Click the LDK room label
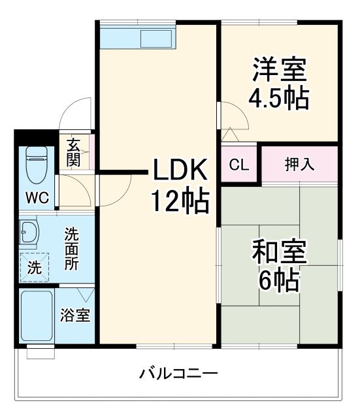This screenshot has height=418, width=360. coord(180,171)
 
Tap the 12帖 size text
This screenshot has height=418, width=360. coord(180,201)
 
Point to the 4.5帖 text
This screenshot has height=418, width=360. coord(278,97)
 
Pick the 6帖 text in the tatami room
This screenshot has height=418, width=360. coord(279,281)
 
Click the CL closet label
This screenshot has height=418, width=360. coord(239,165)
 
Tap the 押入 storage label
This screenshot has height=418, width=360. coord(299,165)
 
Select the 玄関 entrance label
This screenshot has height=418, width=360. coord(73,153)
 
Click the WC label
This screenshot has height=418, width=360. coord(37,199)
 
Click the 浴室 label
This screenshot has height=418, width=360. coord(75,315)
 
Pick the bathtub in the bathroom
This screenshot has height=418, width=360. coord(37,317)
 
